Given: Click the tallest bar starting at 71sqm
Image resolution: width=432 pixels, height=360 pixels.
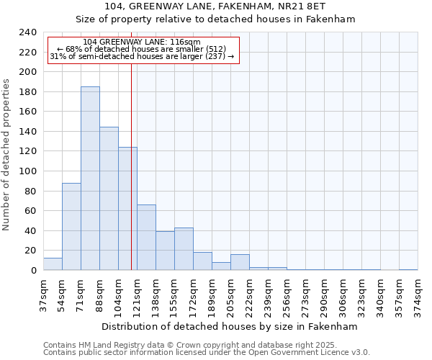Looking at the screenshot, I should [90, 179].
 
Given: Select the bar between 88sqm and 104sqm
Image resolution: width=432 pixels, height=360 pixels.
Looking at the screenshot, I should [109, 199].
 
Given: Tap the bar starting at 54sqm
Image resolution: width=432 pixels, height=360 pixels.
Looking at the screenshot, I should [71, 227].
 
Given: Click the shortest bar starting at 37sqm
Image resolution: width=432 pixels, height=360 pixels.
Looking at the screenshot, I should [53, 264].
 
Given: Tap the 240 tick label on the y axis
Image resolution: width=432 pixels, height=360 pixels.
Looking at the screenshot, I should [27, 32].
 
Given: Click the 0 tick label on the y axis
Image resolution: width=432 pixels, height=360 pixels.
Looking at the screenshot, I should [33, 270].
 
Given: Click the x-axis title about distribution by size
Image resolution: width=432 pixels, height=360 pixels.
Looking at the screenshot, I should [230, 326].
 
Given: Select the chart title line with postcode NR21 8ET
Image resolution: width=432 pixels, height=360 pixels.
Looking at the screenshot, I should [230, 6].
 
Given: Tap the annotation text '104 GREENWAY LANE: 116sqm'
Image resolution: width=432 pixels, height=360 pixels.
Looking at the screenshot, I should [142, 42].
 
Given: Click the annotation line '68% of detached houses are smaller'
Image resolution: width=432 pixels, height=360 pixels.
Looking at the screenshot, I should [142, 49].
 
